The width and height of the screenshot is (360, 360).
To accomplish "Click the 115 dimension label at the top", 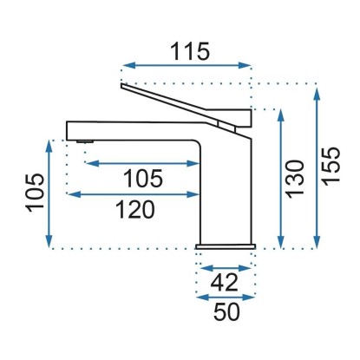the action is coord(189,51).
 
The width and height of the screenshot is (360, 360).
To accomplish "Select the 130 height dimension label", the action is coord(295,179).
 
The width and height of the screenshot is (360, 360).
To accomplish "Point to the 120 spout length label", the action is coord(135,209).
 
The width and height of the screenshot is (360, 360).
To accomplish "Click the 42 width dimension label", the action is coord(224,282).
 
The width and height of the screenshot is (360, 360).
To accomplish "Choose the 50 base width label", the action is coord(226,311).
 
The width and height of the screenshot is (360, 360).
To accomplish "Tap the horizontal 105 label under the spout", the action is coord(143,179).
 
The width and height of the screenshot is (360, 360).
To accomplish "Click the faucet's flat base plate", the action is coord(226,246).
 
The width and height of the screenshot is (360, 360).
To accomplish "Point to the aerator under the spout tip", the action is coord(85,141).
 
